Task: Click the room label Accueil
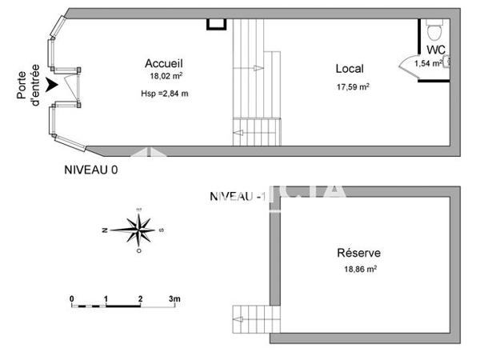[164, 63]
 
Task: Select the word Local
[350, 69]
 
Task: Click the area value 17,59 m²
[352, 86]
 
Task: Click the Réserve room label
[358, 252]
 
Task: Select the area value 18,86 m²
[359, 270]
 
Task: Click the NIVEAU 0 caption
[90, 170]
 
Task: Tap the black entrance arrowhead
[52, 82]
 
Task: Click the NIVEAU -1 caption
[237, 196]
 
